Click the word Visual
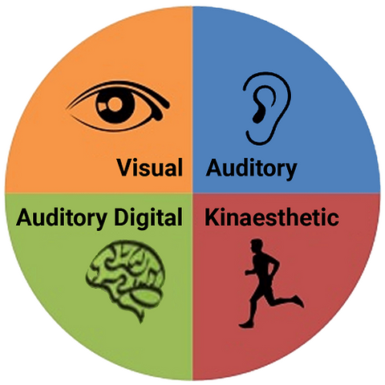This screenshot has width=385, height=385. pyautogui.click(x=150, y=168)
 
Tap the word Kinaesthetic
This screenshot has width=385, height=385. pyautogui.click(x=272, y=217)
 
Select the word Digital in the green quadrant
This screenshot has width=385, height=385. pyautogui.click(x=148, y=218)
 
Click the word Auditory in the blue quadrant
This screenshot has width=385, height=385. pyautogui.click(x=251, y=168)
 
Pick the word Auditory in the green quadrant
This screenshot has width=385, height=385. pyautogui.click(x=62, y=218)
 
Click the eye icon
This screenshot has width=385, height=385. pyautogui.click(x=118, y=106)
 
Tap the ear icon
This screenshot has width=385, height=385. pyautogui.click(x=267, y=108)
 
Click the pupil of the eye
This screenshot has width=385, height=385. pyautogui.click(x=115, y=103)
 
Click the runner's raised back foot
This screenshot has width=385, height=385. pyautogui.click(x=299, y=301)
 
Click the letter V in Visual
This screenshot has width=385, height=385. pyautogui.click(x=125, y=168)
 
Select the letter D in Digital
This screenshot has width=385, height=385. pyautogui.click(x=122, y=217)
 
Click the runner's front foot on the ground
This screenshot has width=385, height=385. pyautogui.click(x=246, y=325)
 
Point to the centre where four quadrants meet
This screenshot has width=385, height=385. pyautogui.click(x=192, y=192)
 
